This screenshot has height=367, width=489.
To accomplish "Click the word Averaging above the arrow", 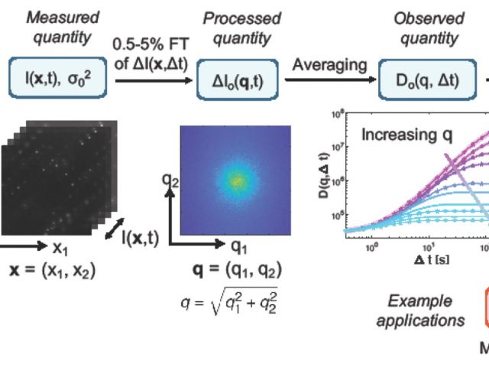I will coord(329,64).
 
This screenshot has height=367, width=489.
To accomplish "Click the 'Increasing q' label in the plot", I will coord(406,135).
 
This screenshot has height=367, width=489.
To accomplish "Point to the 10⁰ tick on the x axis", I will coord(372,247).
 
